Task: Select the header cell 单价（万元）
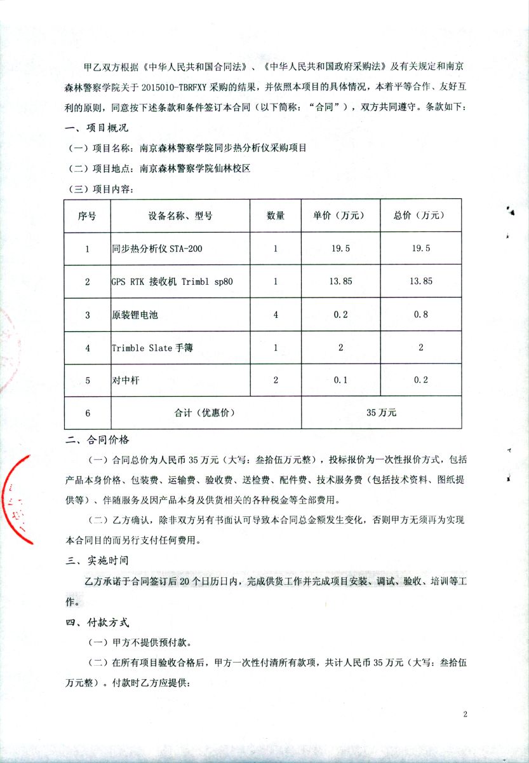[340, 216]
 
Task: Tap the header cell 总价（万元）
[421, 216]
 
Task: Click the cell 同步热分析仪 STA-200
[157, 249]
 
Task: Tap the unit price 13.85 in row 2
[341, 281]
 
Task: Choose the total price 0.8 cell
[421, 315]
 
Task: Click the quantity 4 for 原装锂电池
[276, 315]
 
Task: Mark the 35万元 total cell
[381, 413]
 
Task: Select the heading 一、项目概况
[97, 129]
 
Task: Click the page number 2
[465, 715]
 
